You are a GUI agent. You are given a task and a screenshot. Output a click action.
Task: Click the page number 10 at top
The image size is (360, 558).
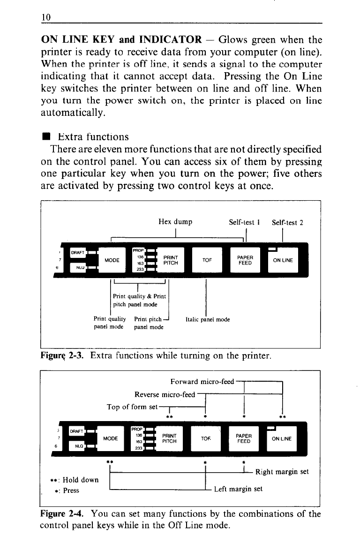45,17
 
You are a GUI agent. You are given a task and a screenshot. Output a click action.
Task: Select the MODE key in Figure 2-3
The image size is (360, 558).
112,260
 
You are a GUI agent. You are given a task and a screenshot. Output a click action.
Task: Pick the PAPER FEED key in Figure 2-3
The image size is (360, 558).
245,260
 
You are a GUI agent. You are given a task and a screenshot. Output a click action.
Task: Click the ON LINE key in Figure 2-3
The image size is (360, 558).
283,260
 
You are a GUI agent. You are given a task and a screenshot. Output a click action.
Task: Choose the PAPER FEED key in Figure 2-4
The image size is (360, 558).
245,438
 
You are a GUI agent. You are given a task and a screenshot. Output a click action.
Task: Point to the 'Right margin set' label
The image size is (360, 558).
282,472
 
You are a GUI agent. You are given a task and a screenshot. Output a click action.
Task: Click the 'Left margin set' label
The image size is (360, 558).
238,489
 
